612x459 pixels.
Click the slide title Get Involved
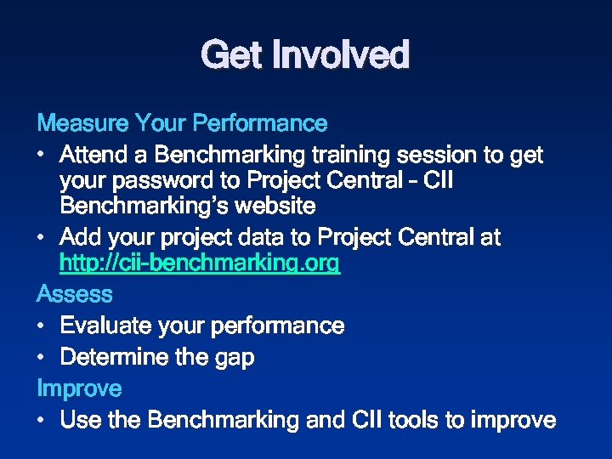(305, 55)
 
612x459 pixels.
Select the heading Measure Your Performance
(182, 123)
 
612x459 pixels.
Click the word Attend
(95, 156)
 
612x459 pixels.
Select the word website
(275, 207)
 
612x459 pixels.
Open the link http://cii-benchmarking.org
(200, 264)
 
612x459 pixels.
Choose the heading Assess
(75, 294)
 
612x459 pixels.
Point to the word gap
(234, 359)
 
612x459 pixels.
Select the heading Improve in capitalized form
(79, 389)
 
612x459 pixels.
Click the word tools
(399, 420)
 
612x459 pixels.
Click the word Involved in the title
(341, 55)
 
